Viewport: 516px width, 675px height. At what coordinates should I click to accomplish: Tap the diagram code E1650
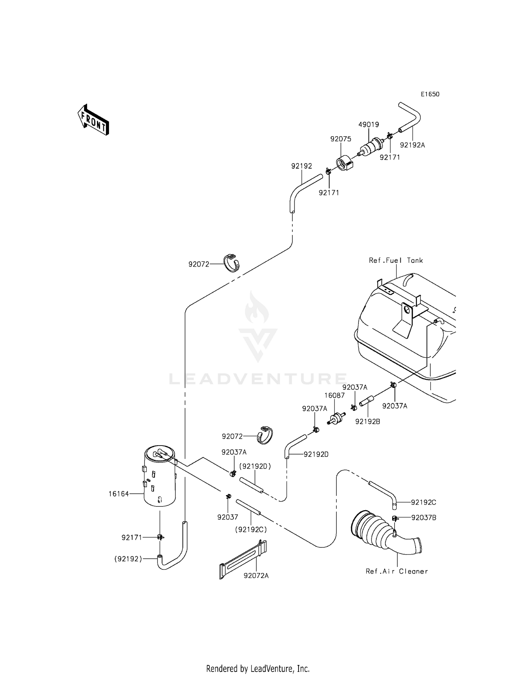430,94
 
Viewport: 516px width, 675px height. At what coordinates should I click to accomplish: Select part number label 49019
368,125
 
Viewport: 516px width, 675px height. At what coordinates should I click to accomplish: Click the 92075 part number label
341,139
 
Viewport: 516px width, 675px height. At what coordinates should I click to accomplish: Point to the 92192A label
412,145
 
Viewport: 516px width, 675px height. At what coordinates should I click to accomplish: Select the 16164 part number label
119,494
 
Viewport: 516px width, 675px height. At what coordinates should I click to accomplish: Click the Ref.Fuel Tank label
396,260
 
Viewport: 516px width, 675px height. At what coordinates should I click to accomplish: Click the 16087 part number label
334,396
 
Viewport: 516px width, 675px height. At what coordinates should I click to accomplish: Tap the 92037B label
423,518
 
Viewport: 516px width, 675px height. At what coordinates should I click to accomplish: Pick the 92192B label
367,421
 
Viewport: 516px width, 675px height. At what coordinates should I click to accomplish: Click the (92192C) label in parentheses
251,530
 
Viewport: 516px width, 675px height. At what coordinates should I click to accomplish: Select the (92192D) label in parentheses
255,467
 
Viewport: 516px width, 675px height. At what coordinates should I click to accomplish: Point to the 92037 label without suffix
227,517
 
